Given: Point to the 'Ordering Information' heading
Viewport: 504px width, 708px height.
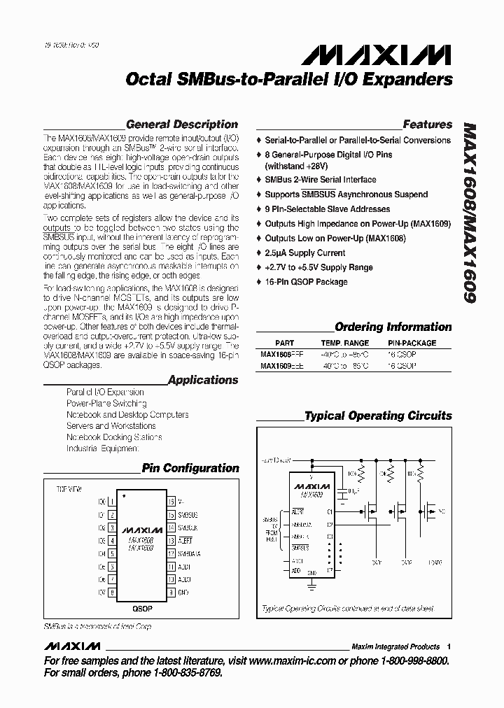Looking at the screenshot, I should coord(393,327).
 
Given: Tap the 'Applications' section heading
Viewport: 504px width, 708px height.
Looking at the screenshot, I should coord(203,380).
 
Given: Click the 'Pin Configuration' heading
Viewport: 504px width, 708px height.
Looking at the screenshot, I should coord(190,468).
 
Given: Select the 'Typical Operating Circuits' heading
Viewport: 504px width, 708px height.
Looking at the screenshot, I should coord(378,416).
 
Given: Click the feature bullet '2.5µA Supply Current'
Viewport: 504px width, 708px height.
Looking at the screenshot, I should coord(304,253).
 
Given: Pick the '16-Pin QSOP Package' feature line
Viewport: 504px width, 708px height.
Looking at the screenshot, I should coord(306,282).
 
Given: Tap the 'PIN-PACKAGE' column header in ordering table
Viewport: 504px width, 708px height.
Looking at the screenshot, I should coord(412,344).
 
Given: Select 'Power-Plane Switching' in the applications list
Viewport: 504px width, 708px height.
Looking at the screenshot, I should coord(106,404).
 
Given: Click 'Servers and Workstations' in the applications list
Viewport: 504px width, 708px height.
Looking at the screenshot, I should coord(111,425).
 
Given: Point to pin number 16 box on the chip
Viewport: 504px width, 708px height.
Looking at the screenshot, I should coord(170,502).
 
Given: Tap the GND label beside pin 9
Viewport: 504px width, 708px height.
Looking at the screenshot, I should coord(184,593).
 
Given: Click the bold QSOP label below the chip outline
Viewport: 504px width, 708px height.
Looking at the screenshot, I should coord(142,609).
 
